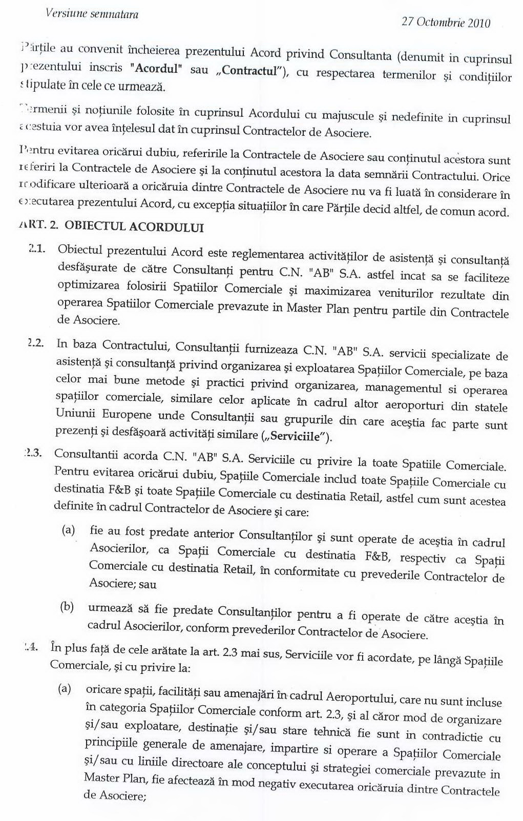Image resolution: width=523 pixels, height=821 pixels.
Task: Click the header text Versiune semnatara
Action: click(92, 13)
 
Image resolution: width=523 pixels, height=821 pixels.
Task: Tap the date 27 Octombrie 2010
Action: click(446, 22)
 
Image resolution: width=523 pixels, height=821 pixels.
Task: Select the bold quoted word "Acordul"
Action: click(156, 68)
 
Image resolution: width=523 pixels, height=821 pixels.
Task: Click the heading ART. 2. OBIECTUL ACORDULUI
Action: click(111, 227)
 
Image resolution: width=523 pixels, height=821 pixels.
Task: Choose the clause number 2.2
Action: click(35, 343)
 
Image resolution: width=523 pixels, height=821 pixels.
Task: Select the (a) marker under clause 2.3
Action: click(68, 529)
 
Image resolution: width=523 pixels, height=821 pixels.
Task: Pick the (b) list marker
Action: click(67, 607)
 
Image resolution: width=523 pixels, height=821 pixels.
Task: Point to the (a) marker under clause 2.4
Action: click(65, 688)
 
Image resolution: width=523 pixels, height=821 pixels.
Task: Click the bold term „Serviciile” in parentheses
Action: click(298, 437)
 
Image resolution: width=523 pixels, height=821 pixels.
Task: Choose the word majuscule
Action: click(349, 115)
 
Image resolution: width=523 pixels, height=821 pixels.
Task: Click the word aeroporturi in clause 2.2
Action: click(414, 405)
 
